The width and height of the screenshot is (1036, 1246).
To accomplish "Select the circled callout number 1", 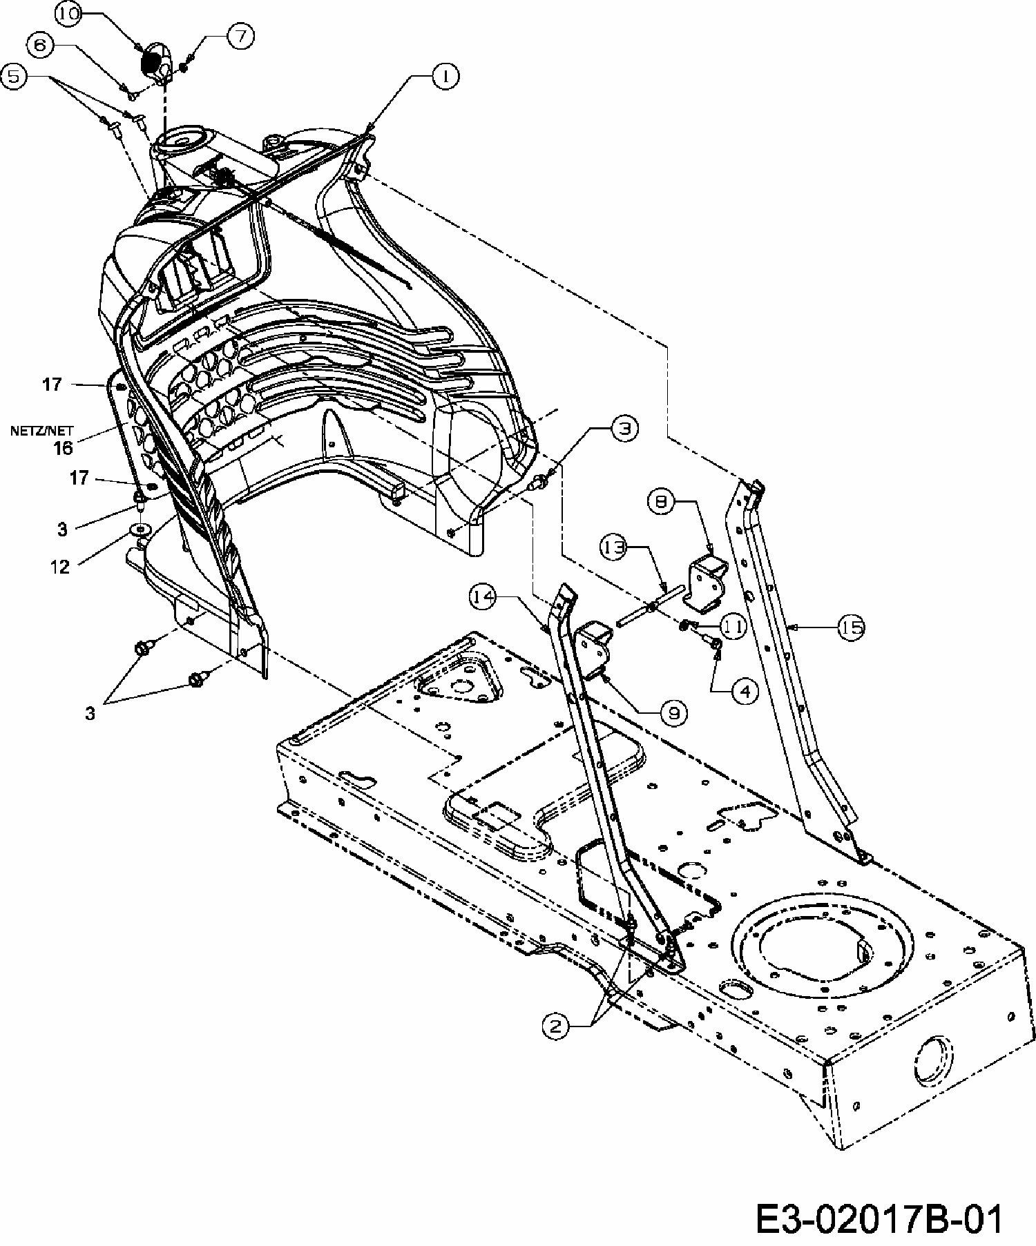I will point(445,77).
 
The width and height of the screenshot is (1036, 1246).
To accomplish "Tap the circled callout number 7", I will point(240,35).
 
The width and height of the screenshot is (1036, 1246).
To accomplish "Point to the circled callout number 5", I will point(14,76).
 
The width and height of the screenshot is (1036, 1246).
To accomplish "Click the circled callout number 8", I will point(661,503).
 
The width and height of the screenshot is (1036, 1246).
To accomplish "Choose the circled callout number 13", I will point(612,547).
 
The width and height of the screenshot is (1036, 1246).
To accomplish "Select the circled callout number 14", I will point(485,596).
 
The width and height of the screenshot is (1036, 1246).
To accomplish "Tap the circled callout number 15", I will point(852,627).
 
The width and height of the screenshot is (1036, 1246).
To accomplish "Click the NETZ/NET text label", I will point(41,432).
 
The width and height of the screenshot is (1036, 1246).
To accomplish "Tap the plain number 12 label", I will point(61,567).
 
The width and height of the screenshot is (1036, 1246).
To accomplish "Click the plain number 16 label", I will point(62,448).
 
